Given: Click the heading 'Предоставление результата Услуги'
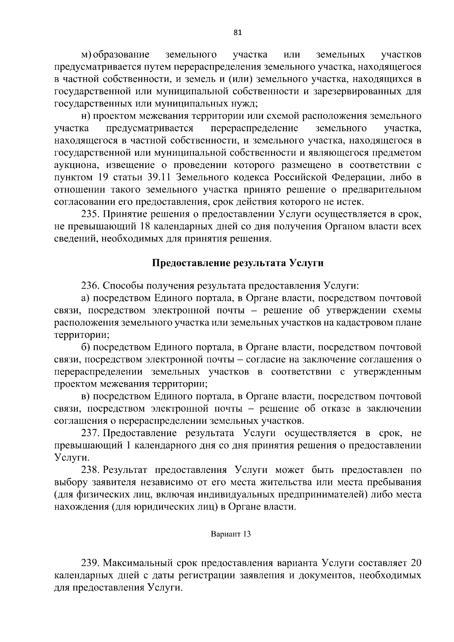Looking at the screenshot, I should [x=238, y=263].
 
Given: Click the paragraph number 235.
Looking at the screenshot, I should [x=90, y=215].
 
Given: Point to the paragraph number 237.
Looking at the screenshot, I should [x=90, y=433].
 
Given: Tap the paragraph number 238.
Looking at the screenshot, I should [x=90, y=470].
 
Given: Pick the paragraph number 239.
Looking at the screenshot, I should [x=90, y=563].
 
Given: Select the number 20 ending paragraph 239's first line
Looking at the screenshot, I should [x=415, y=563].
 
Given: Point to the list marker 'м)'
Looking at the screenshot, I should [x=87, y=55].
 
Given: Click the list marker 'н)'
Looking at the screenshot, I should [x=86, y=116].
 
